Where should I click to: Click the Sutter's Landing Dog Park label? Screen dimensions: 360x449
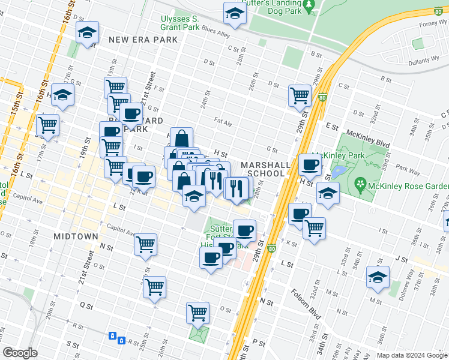[274, 7]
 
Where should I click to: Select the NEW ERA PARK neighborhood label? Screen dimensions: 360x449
[143, 40]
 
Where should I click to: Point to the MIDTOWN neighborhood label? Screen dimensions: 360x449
[76, 236]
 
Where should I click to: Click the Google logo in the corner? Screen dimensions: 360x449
[20, 353]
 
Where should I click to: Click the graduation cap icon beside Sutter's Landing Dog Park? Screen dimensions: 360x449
[235, 13]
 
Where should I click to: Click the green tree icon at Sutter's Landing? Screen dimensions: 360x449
[310, 6]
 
